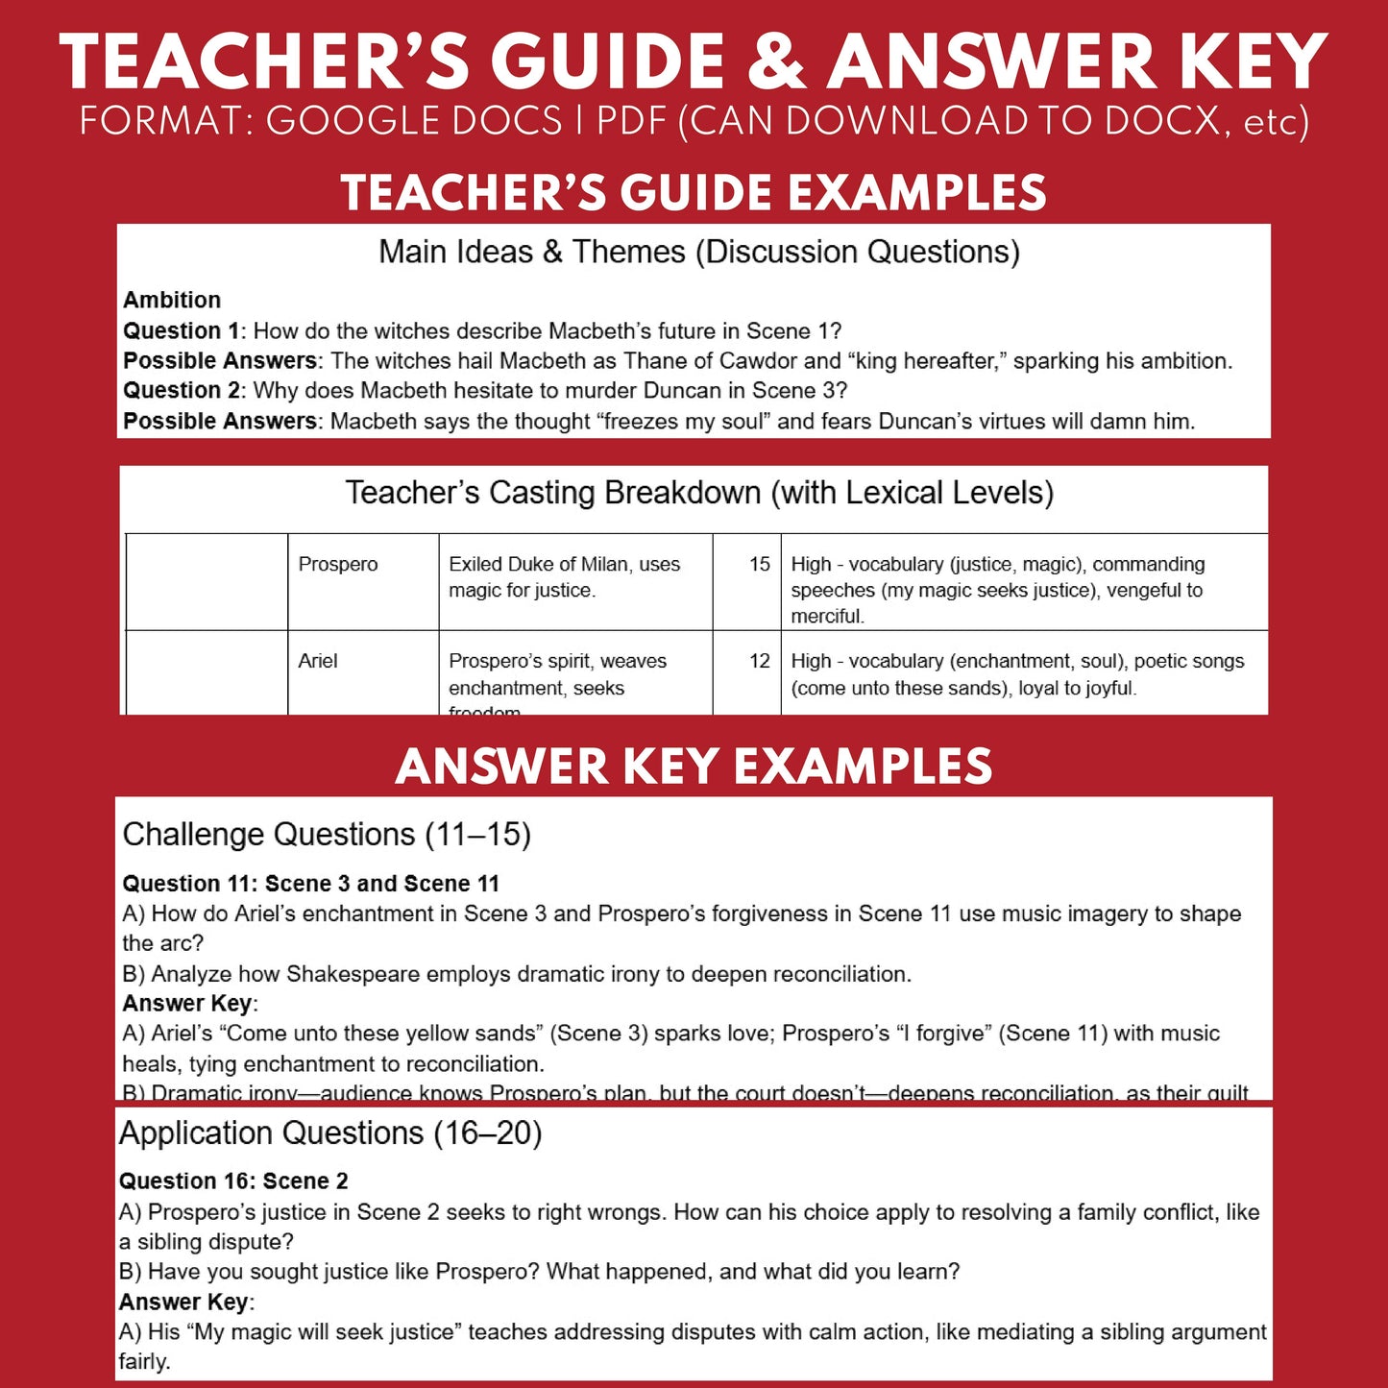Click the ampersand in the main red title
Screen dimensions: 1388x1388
pyautogui.click(x=776, y=62)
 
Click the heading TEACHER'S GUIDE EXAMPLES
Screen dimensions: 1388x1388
pyautogui.click(x=694, y=192)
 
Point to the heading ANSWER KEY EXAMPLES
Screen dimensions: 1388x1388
pyautogui.click(x=694, y=766)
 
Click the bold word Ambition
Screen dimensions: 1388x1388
pyautogui.click(x=172, y=300)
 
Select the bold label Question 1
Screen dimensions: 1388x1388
pyautogui.click(x=181, y=330)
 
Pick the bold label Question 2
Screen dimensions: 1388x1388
pyautogui.click(x=181, y=390)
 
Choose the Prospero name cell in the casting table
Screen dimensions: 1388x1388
pyautogui.click(x=338, y=564)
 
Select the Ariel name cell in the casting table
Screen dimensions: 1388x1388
pyautogui.click(x=318, y=661)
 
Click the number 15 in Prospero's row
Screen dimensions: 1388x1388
pyautogui.click(x=759, y=564)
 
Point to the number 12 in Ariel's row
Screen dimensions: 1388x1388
pyautogui.click(x=759, y=661)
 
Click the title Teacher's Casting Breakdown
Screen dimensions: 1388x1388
pyautogui.click(x=699, y=493)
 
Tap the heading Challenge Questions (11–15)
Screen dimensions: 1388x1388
pyautogui.click(x=327, y=834)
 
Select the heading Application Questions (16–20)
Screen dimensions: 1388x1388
pyautogui.click(x=330, y=1133)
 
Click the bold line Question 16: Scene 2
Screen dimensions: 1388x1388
pyautogui.click(x=233, y=1181)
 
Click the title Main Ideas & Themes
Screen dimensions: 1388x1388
pyautogui.click(x=699, y=252)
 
